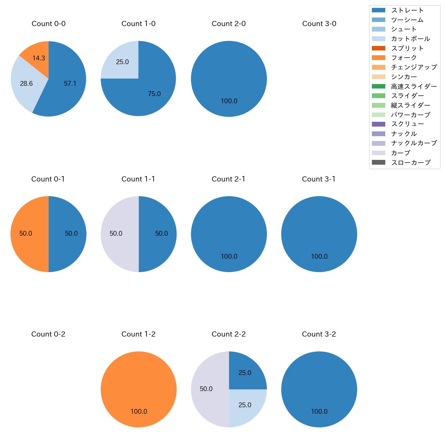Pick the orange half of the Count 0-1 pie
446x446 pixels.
click(x=27, y=234)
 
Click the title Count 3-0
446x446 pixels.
click(x=319, y=24)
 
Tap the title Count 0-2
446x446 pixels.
click(x=48, y=334)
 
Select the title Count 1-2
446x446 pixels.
click(x=139, y=334)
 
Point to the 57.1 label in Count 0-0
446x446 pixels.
click(x=70, y=83)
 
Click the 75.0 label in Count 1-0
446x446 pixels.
click(x=154, y=94)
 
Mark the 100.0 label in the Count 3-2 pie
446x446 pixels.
click(x=319, y=411)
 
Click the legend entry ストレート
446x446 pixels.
click(x=407, y=10)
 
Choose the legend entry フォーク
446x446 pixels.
click(x=404, y=58)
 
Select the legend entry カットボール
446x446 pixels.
click(x=410, y=39)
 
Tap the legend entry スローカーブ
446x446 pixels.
click(x=411, y=163)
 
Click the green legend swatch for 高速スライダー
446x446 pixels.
click(x=378, y=86)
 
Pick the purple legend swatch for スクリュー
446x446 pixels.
click(x=378, y=124)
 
